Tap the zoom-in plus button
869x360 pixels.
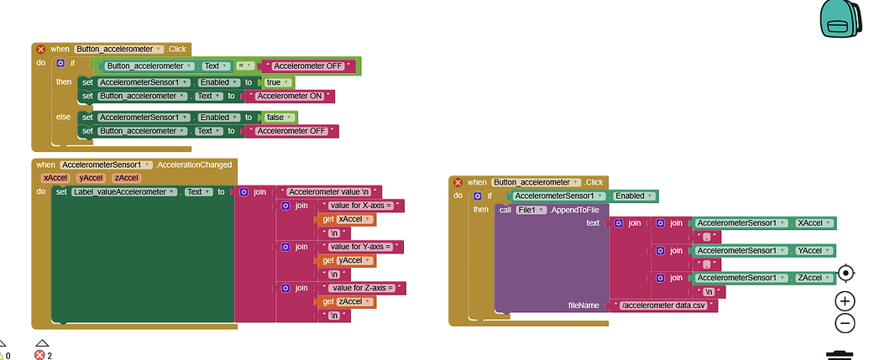pos(845,300)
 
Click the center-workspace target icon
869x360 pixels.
pos(845,274)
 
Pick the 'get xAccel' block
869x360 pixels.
pos(348,219)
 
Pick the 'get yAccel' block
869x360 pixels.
pos(348,260)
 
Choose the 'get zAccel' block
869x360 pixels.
pos(348,301)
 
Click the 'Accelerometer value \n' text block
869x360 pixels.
pos(331,192)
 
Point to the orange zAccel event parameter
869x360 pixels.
pos(126,178)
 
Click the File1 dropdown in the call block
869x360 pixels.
pos(532,210)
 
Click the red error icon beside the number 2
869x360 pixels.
pos(39,355)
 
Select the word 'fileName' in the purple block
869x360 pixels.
pos(584,305)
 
